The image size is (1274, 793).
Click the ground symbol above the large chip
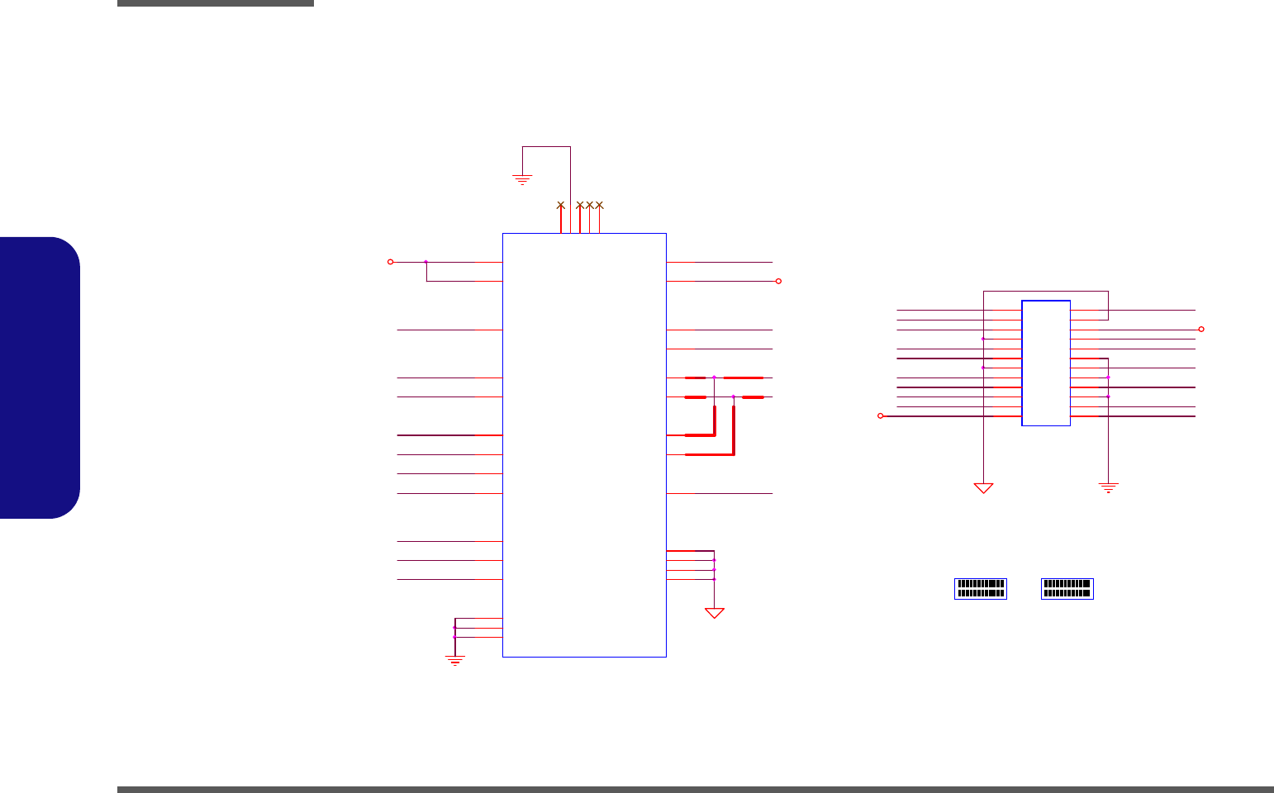point(521,178)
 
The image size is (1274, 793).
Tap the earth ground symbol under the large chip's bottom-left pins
point(454,660)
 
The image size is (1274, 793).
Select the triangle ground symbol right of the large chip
point(714,613)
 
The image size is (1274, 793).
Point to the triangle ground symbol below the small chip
point(983,487)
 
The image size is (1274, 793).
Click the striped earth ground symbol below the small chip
point(1108,487)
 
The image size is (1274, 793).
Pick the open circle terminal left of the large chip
point(390,262)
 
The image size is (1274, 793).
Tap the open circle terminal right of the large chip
point(778,282)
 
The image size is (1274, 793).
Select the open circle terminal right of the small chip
point(1201,329)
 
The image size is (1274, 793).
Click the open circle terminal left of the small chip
point(880,416)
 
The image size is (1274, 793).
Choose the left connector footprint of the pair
point(981,588)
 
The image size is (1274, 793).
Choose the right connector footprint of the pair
point(1067,588)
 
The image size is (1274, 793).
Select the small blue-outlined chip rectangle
point(1046,363)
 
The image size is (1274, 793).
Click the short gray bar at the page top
point(216,3)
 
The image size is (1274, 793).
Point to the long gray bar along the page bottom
point(695,790)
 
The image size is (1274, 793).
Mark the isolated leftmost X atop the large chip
point(560,204)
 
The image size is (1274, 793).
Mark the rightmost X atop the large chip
point(600,204)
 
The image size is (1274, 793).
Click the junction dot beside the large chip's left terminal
point(425,262)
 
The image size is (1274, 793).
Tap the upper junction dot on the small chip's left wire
point(983,339)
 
